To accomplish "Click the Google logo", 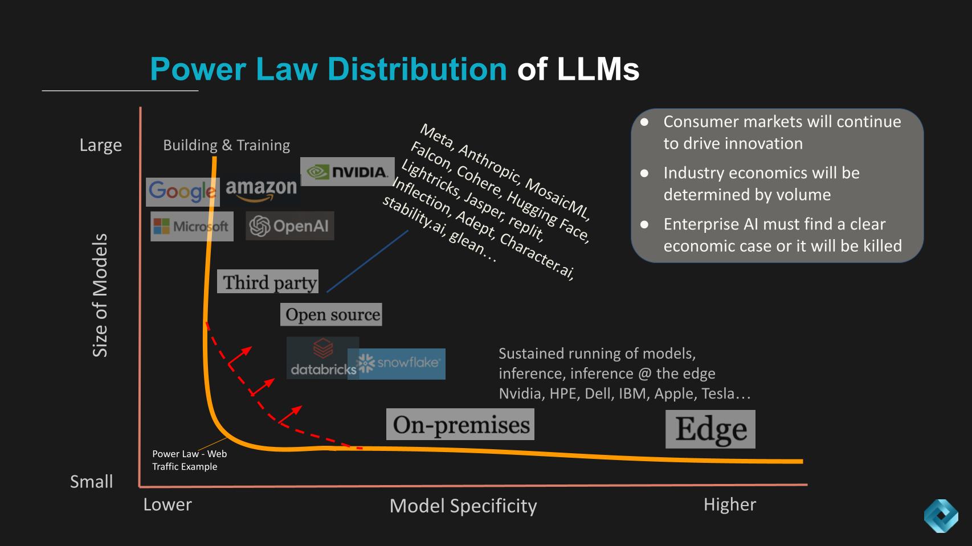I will point(182,192).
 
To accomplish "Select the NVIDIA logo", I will point(347,171).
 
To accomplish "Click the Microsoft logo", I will point(191,226).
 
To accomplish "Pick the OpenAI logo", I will point(289,226).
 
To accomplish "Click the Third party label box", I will point(268,282).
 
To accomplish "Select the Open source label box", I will point(331,314).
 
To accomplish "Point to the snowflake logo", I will point(398,363).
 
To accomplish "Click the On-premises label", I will point(460,425).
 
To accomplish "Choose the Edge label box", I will point(710,429).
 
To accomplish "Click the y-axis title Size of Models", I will point(100,295).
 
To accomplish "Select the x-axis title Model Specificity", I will point(463,506).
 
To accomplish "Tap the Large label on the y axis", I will point(101,145).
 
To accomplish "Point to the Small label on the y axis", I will point(91,482).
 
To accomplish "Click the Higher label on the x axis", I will point(729,504).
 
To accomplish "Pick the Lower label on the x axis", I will point(168,504).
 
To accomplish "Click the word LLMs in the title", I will point(598,69).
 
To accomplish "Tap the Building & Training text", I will point(226,145).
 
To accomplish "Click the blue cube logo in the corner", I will point(941,516).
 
